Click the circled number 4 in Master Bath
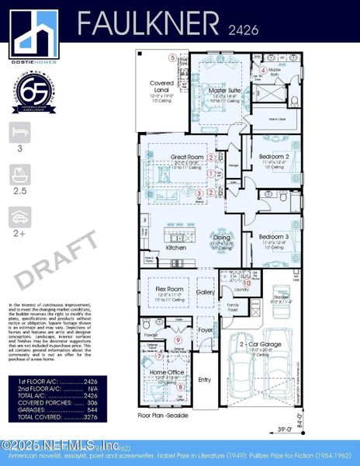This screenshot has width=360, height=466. (263, 70)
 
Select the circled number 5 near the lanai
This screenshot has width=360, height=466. (172, 57)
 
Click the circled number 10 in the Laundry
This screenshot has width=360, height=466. (247, 283)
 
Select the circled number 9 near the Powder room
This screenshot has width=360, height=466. (178, 340)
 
